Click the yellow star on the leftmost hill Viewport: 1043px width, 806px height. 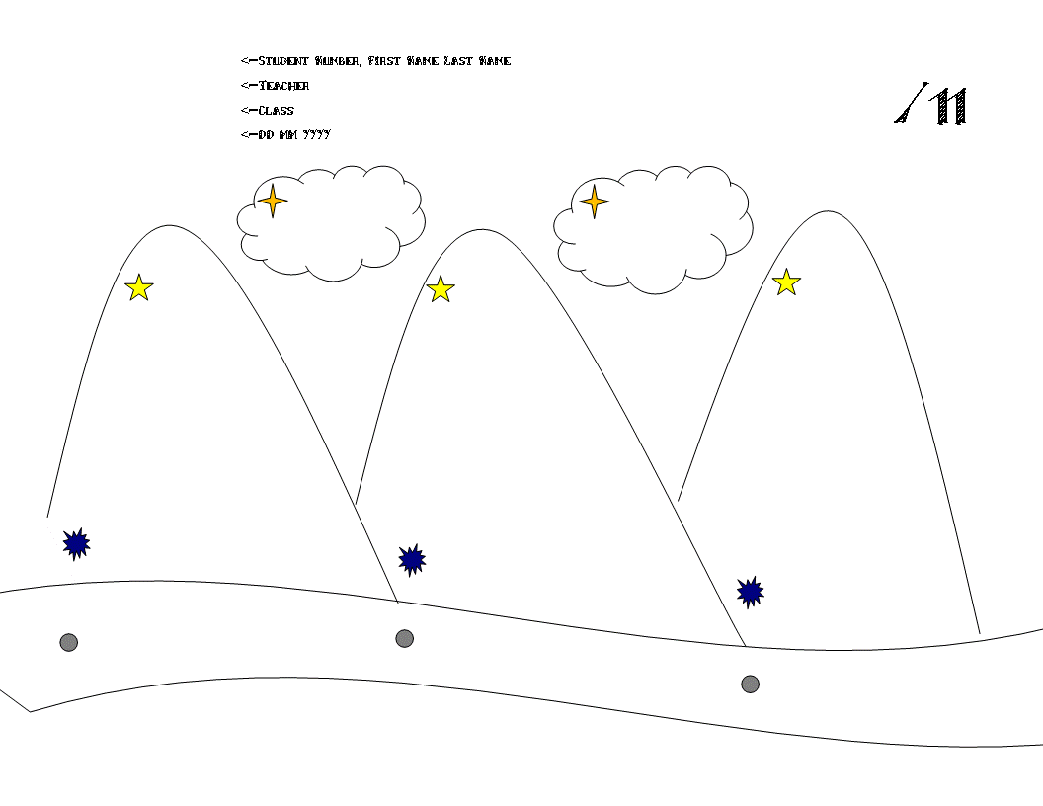139,287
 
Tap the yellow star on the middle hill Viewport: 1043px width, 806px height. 441,289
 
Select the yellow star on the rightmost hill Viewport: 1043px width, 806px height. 786,282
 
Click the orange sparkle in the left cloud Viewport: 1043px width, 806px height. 273,201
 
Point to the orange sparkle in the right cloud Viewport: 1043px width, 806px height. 594,201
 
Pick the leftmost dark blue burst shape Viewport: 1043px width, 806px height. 76,543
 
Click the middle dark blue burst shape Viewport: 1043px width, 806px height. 412,560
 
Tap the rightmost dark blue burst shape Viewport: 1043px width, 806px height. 750,593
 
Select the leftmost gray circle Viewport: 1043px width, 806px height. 68,643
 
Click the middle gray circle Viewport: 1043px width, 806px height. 404,639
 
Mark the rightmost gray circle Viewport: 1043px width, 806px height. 750,684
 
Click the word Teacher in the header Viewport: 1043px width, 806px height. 283,86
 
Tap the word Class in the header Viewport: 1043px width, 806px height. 277,111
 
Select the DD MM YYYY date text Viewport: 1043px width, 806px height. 294,135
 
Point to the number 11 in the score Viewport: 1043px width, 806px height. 950,107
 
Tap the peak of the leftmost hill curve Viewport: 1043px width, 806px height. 169,226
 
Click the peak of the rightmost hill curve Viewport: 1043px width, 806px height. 827,211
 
